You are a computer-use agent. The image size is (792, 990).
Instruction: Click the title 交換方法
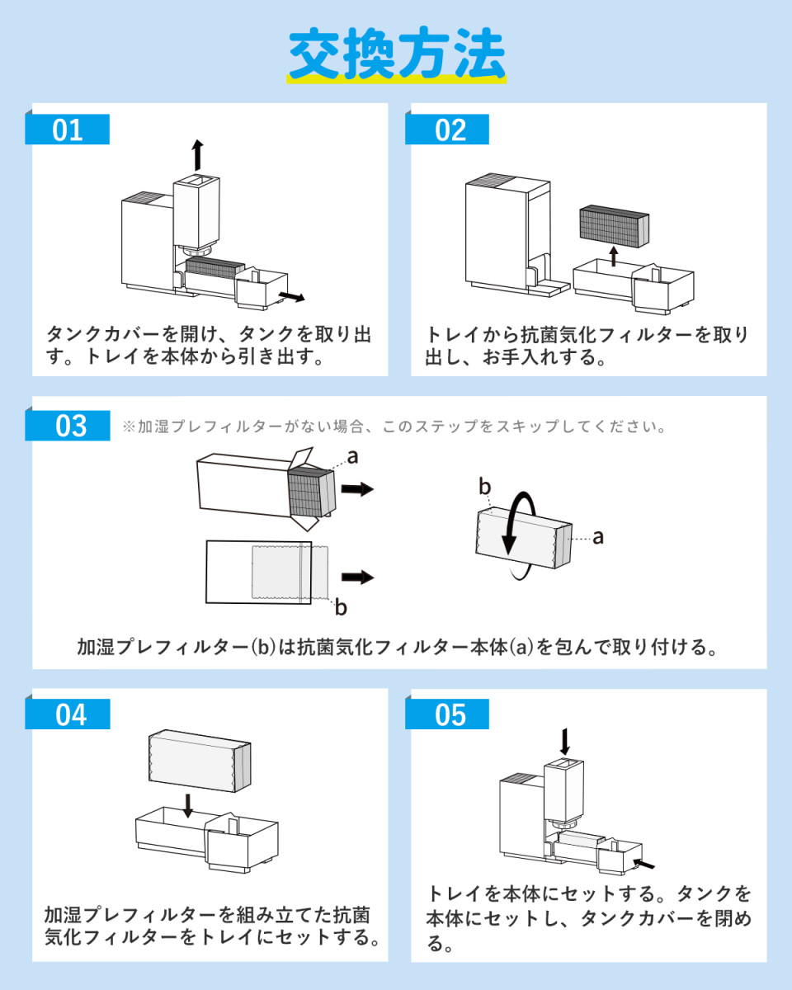pyautogui.click(x=397, y=54)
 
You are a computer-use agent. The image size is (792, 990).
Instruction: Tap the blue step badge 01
pyautogui.click(x=68, y=130)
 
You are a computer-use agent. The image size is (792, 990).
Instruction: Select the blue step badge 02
pyautogui.click(x=450, y=130)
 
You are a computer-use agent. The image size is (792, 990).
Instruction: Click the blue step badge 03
pyautogui.click(x=71, y=426)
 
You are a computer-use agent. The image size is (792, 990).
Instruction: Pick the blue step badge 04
pyautogui.click(x=71, y=714)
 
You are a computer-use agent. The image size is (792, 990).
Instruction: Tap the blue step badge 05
pyautogui.click(x=450, y=714)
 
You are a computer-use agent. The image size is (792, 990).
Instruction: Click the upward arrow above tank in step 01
pyautogui.click(x=196, y=154)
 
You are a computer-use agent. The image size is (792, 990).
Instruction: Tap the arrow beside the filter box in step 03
pyautogui.click(x=356, y=489)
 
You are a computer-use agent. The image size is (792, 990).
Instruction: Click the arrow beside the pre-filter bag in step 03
pyautogui.click(x=356, y=577)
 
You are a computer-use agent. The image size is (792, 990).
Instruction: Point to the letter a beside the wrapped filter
pyautogui.click(x=598, y=537)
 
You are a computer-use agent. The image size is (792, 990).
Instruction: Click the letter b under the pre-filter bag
pyautogui.click(x=340, y=609)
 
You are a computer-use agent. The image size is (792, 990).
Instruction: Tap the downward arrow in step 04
pyautogui.click(x=189, y=804)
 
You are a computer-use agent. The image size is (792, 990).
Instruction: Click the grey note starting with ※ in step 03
pyautogui.click(x=394, y=427)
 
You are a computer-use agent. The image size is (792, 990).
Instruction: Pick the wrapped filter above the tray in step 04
pyautogui.click(x=198, y=761)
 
